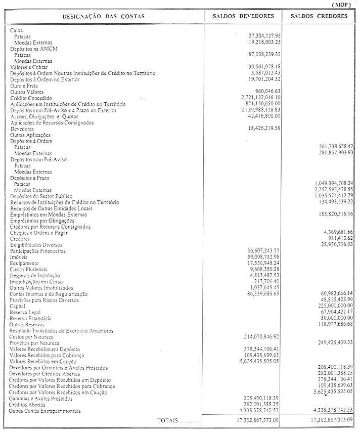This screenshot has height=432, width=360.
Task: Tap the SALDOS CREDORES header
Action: pyautogui.click(x=323, y=16)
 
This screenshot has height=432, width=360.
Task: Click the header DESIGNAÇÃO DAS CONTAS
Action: pyautogui.click(x=103, y=17)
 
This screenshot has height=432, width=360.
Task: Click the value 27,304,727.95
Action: pyautogui.click(x=261, y=37)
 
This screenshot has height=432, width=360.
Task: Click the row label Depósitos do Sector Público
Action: pyautogui.click(x=41, y=196)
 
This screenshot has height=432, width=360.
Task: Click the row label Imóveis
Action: pyautogui.click(x=19, y=257)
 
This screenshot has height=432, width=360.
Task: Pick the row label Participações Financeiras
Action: pyautogui.click(x=38, y=251)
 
